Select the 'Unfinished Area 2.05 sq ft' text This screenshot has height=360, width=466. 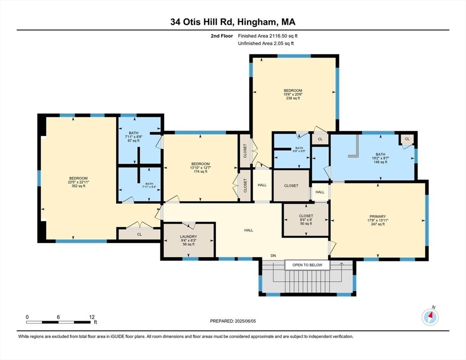click(x=265, y=43)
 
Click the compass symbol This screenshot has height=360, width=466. click(x=429, y=317)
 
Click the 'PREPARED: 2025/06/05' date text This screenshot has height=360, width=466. click(x=233, y=321)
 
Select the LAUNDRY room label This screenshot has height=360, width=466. click(x=188, y=237)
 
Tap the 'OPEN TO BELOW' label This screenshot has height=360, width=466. click(x=307, y=265)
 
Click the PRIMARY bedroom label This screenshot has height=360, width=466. click(x=377, y=217)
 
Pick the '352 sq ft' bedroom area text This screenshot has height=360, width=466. click(x=78, y=187)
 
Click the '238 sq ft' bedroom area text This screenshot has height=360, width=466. click(x=293, y=98)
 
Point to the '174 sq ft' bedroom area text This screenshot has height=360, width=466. click(x=200, y=172)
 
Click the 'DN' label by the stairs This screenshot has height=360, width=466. click(x=273, y=255)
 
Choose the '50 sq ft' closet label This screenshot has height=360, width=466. click(x=305, y=224)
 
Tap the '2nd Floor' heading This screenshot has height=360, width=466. click(x=222, y=36)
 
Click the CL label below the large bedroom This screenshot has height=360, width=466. click(x=139, y=234)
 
